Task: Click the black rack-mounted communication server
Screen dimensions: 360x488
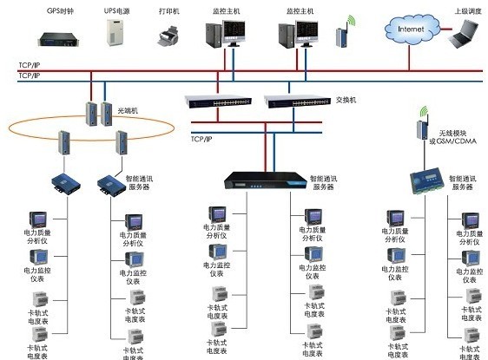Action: click(262, 180)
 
